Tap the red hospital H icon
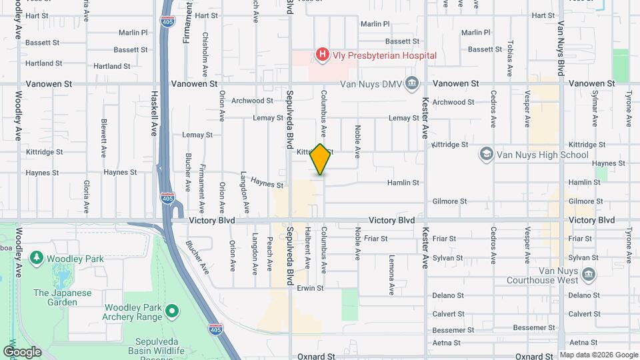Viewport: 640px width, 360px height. [323, 54]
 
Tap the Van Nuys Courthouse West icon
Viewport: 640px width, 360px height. [589, 274]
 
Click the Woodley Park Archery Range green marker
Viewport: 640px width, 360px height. [172, 311]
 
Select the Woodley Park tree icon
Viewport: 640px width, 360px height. [36, 257]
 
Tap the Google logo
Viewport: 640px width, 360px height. [22, 351]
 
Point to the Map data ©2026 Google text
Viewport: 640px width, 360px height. [598, 355]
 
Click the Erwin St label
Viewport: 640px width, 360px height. [310, 288]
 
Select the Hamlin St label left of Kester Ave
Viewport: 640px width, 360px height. [406, 183]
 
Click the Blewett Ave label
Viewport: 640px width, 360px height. [104, 138]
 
